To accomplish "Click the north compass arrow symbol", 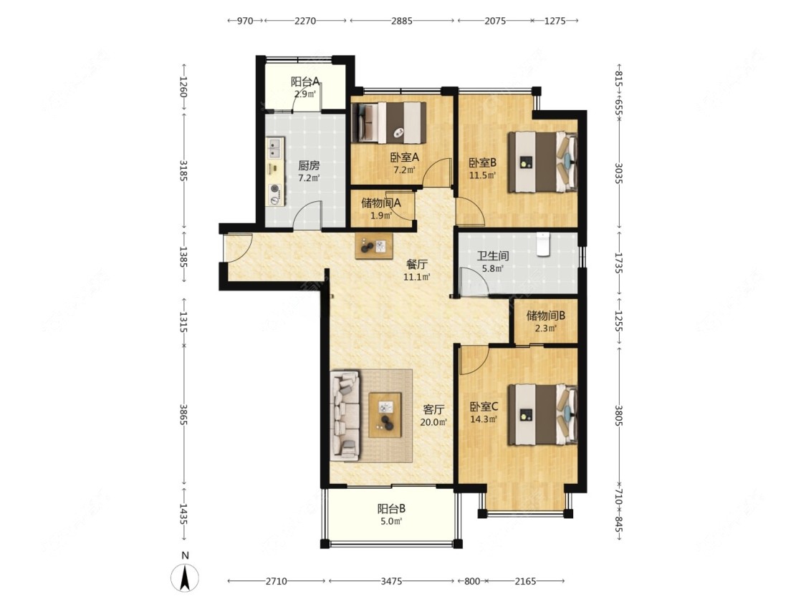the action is [186, 577].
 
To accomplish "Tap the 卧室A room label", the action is [405, 157].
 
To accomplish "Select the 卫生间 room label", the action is [492, 255].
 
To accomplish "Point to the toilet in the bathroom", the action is [543, 245].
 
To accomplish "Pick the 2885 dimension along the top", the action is [401, 21].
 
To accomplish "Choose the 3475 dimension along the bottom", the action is [391, 581].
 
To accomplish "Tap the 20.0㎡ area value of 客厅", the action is [433, 422].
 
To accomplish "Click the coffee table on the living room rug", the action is [385, 415].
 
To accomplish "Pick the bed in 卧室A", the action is [389, 123].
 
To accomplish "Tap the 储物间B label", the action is [545, 316].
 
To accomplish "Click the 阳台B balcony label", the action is [391, 509].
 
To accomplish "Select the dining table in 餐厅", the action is [374, 246].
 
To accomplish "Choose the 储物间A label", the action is [381, 203].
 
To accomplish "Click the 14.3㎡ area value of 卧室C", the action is [484, 419].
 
